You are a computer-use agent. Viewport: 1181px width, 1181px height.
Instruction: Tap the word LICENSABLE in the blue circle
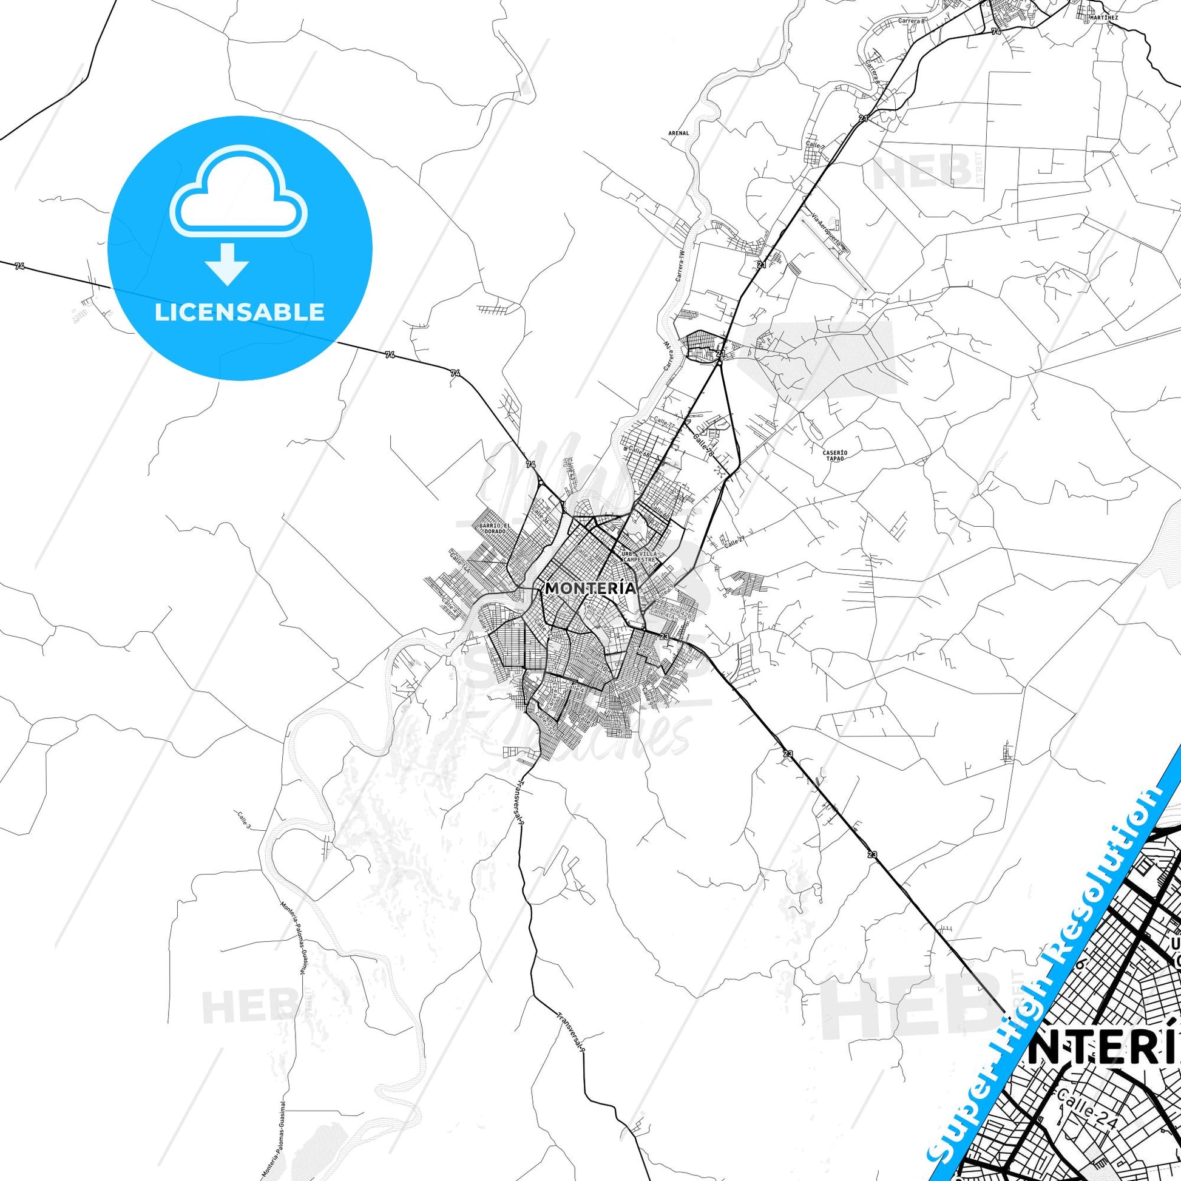point(240,313)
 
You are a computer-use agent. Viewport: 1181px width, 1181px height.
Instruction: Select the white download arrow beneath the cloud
point(228,263)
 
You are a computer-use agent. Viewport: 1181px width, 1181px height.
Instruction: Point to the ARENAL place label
point(678,133)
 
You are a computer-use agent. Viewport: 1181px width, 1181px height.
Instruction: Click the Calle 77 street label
point(664,422)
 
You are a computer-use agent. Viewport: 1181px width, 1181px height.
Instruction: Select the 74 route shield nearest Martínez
point(996,30)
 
